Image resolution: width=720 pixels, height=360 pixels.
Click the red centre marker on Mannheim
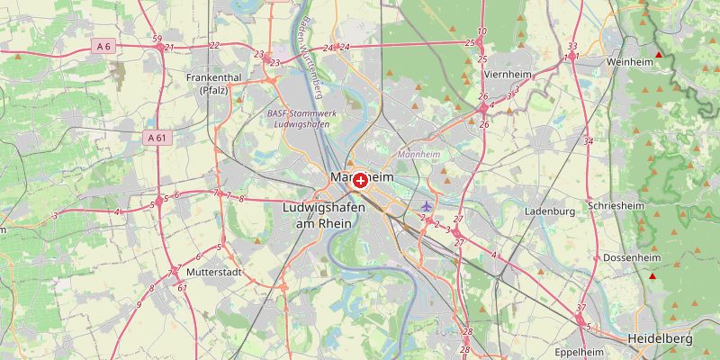[360, 181]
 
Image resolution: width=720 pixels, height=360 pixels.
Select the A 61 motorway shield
[156, 138]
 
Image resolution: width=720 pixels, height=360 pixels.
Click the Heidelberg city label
[660, 339]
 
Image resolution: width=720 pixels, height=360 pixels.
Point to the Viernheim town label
[508, 75]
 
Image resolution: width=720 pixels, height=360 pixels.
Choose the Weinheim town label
[630, 62]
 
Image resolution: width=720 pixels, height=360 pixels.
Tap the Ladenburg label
[549, 211]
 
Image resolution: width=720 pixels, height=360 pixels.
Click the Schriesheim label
[616, 205]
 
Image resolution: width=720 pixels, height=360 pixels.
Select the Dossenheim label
[631, 257]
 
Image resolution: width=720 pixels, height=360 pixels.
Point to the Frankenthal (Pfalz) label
[214, 84]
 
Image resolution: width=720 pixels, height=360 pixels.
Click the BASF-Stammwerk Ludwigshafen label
[300, 119]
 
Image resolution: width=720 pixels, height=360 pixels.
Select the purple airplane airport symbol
[427, 207]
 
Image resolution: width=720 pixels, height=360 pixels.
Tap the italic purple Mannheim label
[418, 154]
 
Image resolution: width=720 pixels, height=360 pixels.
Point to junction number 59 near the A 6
[157, 39]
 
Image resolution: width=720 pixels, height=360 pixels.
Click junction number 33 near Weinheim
[572, 47]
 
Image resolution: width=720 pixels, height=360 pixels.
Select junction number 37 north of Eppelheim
[580, 308]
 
